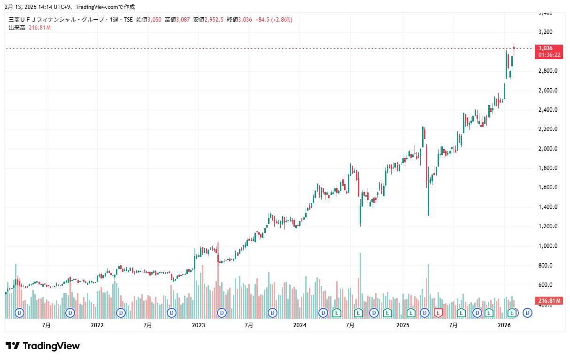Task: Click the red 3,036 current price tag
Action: (x=546, y=48)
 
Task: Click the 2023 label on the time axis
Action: (x=198, y=325)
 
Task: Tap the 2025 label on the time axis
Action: (x=402, y=325)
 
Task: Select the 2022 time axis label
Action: (x=97, y=325)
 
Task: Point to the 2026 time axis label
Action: (x=504, y=325)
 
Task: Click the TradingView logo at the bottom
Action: (x=42, y=346)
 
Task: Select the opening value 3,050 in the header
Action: (x=154, y=20)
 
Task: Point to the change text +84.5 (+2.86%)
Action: (x=274, y=20)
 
